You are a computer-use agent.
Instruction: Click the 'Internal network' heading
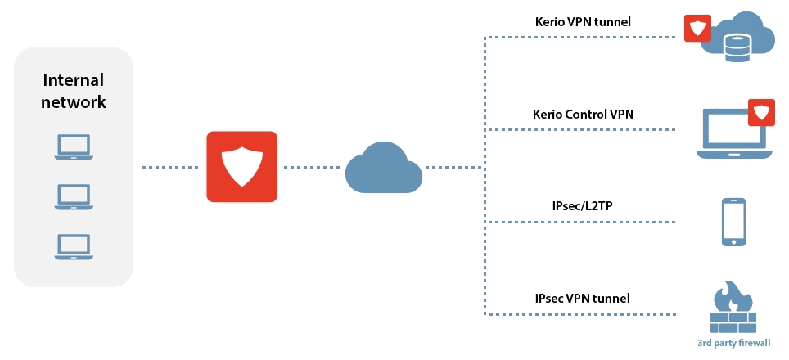(x=74, y=91)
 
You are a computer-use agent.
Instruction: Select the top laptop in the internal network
(x=74, y=146)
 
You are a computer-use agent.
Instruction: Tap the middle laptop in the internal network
(x=74, y=196)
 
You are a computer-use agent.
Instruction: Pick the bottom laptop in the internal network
(x=74, y=246)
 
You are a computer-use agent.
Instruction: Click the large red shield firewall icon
(x=242, y=166)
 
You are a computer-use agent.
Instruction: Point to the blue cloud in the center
(x=383, y=168)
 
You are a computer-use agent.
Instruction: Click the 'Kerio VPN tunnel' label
(x=583, y=21)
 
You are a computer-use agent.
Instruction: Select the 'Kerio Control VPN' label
(x=583, y=114)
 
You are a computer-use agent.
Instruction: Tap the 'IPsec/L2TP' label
(x=582, y=205)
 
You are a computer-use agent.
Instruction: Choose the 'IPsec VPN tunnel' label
(x=582, y=298)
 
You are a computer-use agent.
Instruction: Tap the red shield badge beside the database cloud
(x=697, y=28)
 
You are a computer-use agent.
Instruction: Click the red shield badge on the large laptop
(x=761, y=113)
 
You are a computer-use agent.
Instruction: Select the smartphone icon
(x=733, y=222)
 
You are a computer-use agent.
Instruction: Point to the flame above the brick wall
(x=733, y=297)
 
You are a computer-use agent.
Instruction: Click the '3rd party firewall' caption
(x=733, y=344)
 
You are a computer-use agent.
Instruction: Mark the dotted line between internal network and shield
(x=170, y=167)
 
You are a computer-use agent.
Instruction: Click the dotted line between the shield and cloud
(x=312, y=167)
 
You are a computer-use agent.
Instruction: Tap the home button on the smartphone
(x=733, y=241)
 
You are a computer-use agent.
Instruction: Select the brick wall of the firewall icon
(x=733, y=322)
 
